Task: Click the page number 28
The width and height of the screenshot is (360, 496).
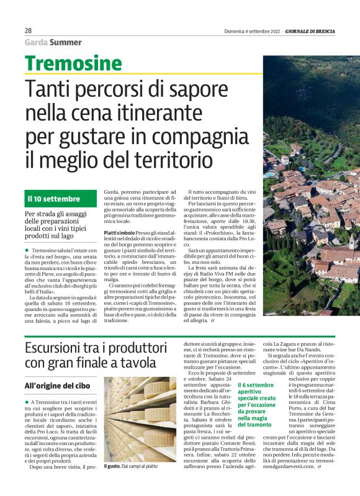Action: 29,30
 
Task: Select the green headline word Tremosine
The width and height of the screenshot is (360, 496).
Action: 73,63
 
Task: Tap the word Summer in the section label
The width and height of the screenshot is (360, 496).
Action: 66,43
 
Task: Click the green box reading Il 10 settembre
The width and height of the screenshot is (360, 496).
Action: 54,199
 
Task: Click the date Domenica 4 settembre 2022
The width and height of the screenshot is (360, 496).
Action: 251,30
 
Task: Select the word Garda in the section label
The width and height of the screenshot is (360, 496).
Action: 36,43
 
